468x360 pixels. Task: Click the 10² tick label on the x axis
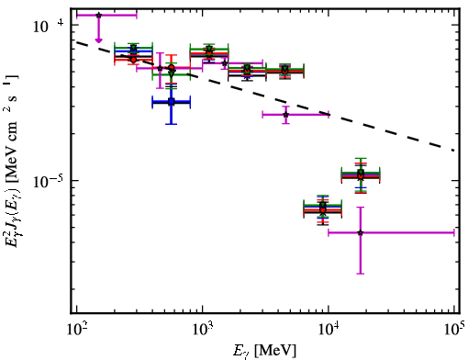point(78,331)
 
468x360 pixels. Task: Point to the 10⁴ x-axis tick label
point(329,331)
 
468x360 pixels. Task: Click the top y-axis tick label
point(49,27)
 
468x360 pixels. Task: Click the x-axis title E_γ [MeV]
point(264,351)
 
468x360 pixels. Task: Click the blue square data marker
point(172,101)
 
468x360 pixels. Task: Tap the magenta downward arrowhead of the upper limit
point(98,40)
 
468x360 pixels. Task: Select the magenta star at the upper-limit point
point(98,15)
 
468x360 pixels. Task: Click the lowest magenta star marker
point(361,232)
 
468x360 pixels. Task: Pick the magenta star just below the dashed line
point(285,115)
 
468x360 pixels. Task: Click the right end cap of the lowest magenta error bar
point(454,232)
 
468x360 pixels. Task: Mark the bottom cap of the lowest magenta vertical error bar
point(361,274)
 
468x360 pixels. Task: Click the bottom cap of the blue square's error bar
point(172,124)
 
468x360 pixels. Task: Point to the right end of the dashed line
point(454,151)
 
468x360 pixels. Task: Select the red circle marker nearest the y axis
point(133,60)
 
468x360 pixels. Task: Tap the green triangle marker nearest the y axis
point(133,49)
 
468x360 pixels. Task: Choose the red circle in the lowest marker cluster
point(323,210)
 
